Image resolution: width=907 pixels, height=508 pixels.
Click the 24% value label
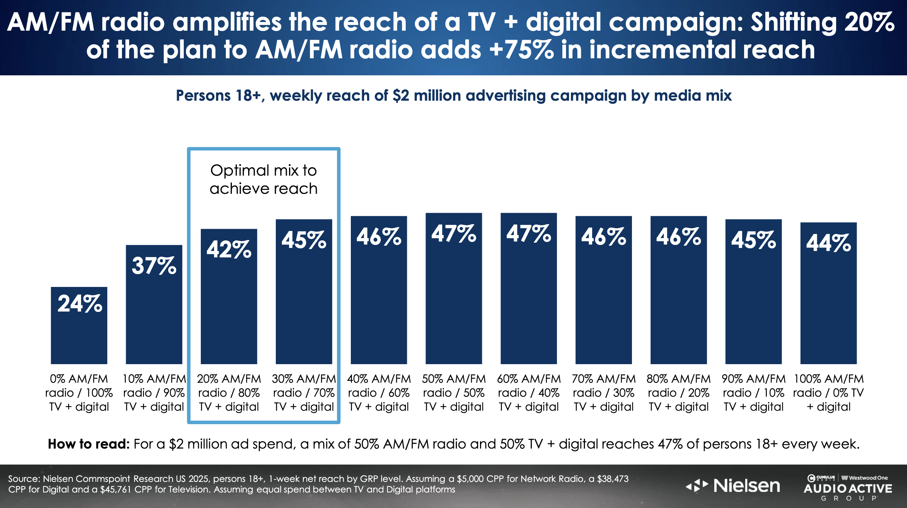tap(80, 304)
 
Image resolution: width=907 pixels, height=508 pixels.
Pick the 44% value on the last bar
tap(829, 243)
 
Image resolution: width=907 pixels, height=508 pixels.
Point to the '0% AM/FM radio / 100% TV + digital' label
tap(79, 393)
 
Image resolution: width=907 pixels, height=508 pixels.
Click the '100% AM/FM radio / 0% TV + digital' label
tap(829, 393)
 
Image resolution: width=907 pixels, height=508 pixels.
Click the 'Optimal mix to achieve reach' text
tap(264, 179)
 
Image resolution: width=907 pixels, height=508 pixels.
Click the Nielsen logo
tap(733, 486)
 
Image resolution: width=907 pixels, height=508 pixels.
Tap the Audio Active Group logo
tap(848, 488)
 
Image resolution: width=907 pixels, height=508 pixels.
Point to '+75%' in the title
tap(521, 50)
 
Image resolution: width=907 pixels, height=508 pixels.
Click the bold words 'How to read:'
tap(89, 444)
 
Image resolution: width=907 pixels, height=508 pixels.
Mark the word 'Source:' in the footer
tap(24, 479)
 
